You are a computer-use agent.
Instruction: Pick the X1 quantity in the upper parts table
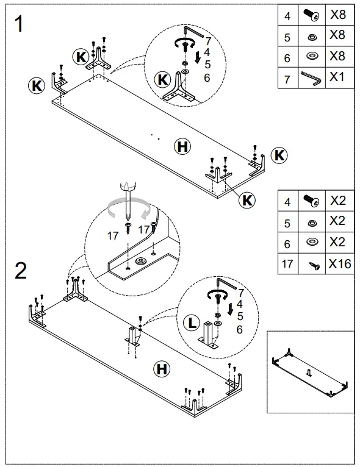pyautogui.click(x=337, y=77)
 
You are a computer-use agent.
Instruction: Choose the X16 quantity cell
pyautogui.click(x=337, y=264)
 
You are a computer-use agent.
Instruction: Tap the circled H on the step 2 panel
pyautogui.click(x=161, y=368)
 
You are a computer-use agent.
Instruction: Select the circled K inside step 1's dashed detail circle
pyautogui.click(x=162, y=79)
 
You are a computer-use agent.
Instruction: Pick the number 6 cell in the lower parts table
pyautogui.click(x=287, y=243)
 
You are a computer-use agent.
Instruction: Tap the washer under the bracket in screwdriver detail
pyautogui.click(x=140, y=261)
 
